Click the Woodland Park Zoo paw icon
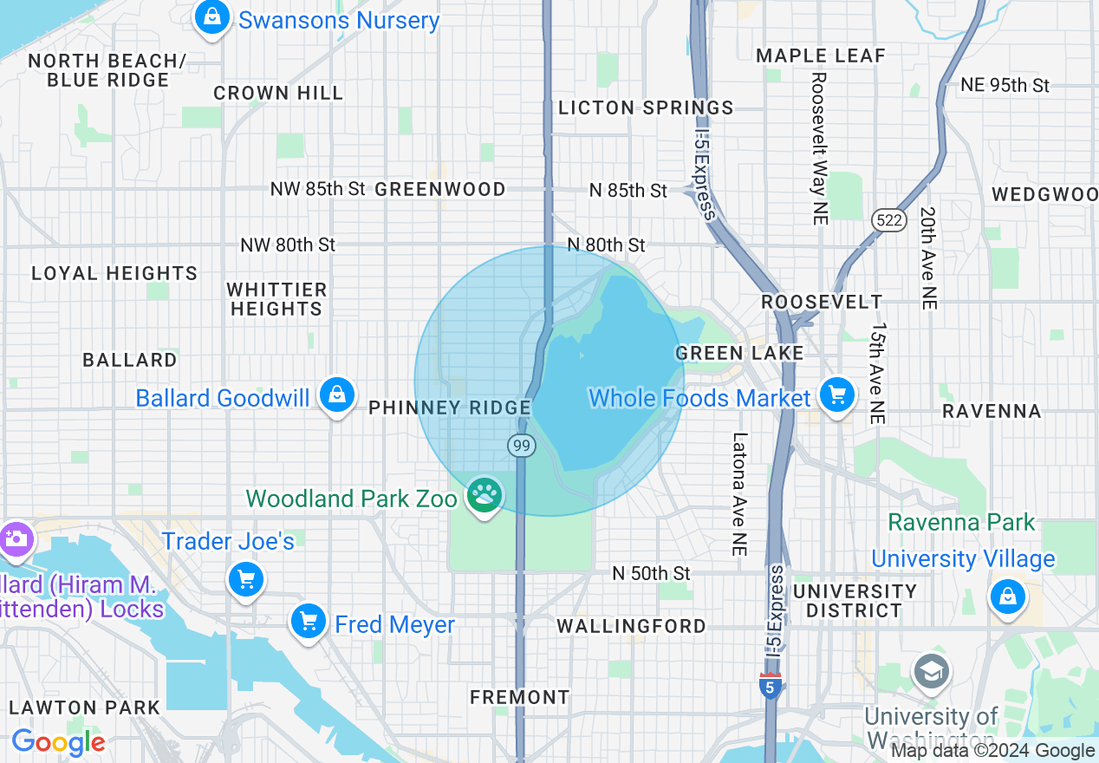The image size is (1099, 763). pyautogui.click(x=485, y=496)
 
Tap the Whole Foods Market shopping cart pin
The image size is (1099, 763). pyautogui.click(x=836, y=396)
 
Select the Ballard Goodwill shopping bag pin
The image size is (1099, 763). pyautogui.click(x=337, y=396)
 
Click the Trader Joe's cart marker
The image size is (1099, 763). pyautogui.click(x=246, y=579)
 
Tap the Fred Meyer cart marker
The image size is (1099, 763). pyautogui.click(x=308, y=621)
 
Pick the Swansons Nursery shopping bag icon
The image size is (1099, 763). pyautogui.click(x=211, y=17)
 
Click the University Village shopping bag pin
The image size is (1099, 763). pyautogui.click(x=1007, y=597)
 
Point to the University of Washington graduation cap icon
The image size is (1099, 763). pyautogui.click(x=932, y=672)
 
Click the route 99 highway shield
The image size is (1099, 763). pyautogui.click(x=521, y=446)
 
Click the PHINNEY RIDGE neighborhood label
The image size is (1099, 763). pyautogui.click(x=450, y=408)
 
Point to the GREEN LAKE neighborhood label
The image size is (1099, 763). pyautogui.click(x=739, y=353)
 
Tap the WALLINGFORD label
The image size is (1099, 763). pyautogui.click(x=631, y=626)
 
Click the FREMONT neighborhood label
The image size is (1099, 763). pyautogui.click(x=519, y=697)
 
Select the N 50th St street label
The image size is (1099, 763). pyautogui.click(x=651, y=573)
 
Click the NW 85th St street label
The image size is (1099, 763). pyautogui.click(x=317, y=189)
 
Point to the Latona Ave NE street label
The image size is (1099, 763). pyautogui.click(x=739, y=494)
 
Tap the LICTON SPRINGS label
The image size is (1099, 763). pyautogui.click(x=646, y=108)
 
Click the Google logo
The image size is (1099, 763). pyautogui.click(x=58, y=742)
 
